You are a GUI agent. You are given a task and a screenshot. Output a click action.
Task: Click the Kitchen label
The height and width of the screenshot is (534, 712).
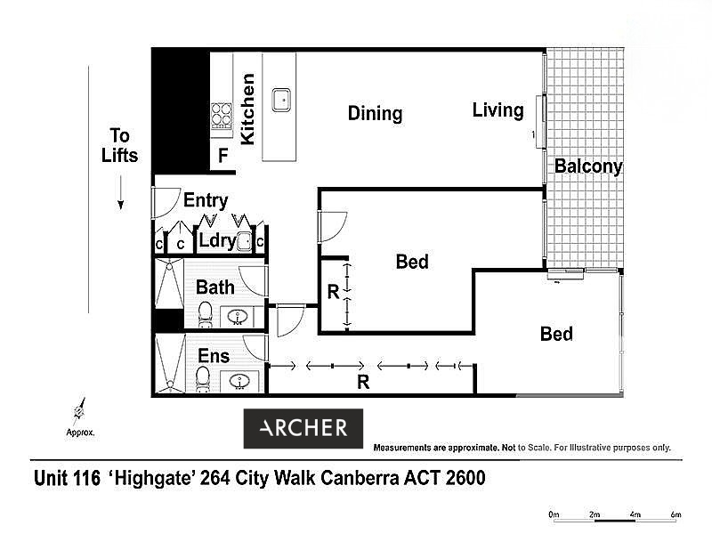click(x=247, y=109)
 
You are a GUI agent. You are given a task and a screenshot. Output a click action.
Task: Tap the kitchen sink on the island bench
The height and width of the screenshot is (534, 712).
click(x=281, y=100)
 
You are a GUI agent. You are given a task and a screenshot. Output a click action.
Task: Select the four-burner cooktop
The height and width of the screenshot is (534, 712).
click(x=222, y=117)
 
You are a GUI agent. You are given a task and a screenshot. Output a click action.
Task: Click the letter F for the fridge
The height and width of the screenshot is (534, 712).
click(x=222, y=156)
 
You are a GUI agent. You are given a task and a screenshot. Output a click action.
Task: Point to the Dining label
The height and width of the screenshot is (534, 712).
click(x=375, y=114)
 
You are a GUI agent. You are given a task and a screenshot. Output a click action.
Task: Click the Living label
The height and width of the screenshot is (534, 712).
click(x=498, y=110)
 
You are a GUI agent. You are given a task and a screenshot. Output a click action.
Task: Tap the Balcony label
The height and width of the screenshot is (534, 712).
click(x=588, y=166)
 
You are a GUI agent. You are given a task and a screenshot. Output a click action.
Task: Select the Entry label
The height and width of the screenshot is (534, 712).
click(x=206, y=200)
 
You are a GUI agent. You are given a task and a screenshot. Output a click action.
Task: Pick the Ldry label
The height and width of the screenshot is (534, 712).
click(x=217, y=240)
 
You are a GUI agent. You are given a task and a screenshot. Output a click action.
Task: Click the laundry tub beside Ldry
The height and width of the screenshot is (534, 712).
click(x=245, y=241)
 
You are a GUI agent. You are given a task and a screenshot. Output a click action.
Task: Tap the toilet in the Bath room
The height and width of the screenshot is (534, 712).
click(x=206, y=313)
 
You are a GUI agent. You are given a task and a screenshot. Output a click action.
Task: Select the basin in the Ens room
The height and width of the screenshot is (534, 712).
click(x=239, y=381)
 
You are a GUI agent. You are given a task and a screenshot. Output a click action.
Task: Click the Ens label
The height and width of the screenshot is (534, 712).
click(x=214, y=356)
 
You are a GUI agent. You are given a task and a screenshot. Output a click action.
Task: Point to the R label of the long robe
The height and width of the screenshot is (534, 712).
click(x=363, y=383)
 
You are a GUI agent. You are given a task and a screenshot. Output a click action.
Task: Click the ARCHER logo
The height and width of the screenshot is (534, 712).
click(x=303, y=428)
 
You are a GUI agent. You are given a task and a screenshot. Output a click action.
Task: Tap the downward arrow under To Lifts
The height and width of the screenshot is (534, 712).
click(x=121, y=193)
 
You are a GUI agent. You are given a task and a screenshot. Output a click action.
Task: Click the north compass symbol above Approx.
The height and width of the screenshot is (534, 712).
click(x=79, y=411)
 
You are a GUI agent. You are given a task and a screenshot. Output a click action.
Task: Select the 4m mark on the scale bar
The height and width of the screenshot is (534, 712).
click(x=635, y=515)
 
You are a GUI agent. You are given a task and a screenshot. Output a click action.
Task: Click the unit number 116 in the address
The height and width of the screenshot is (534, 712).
click(x=86, y=478)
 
